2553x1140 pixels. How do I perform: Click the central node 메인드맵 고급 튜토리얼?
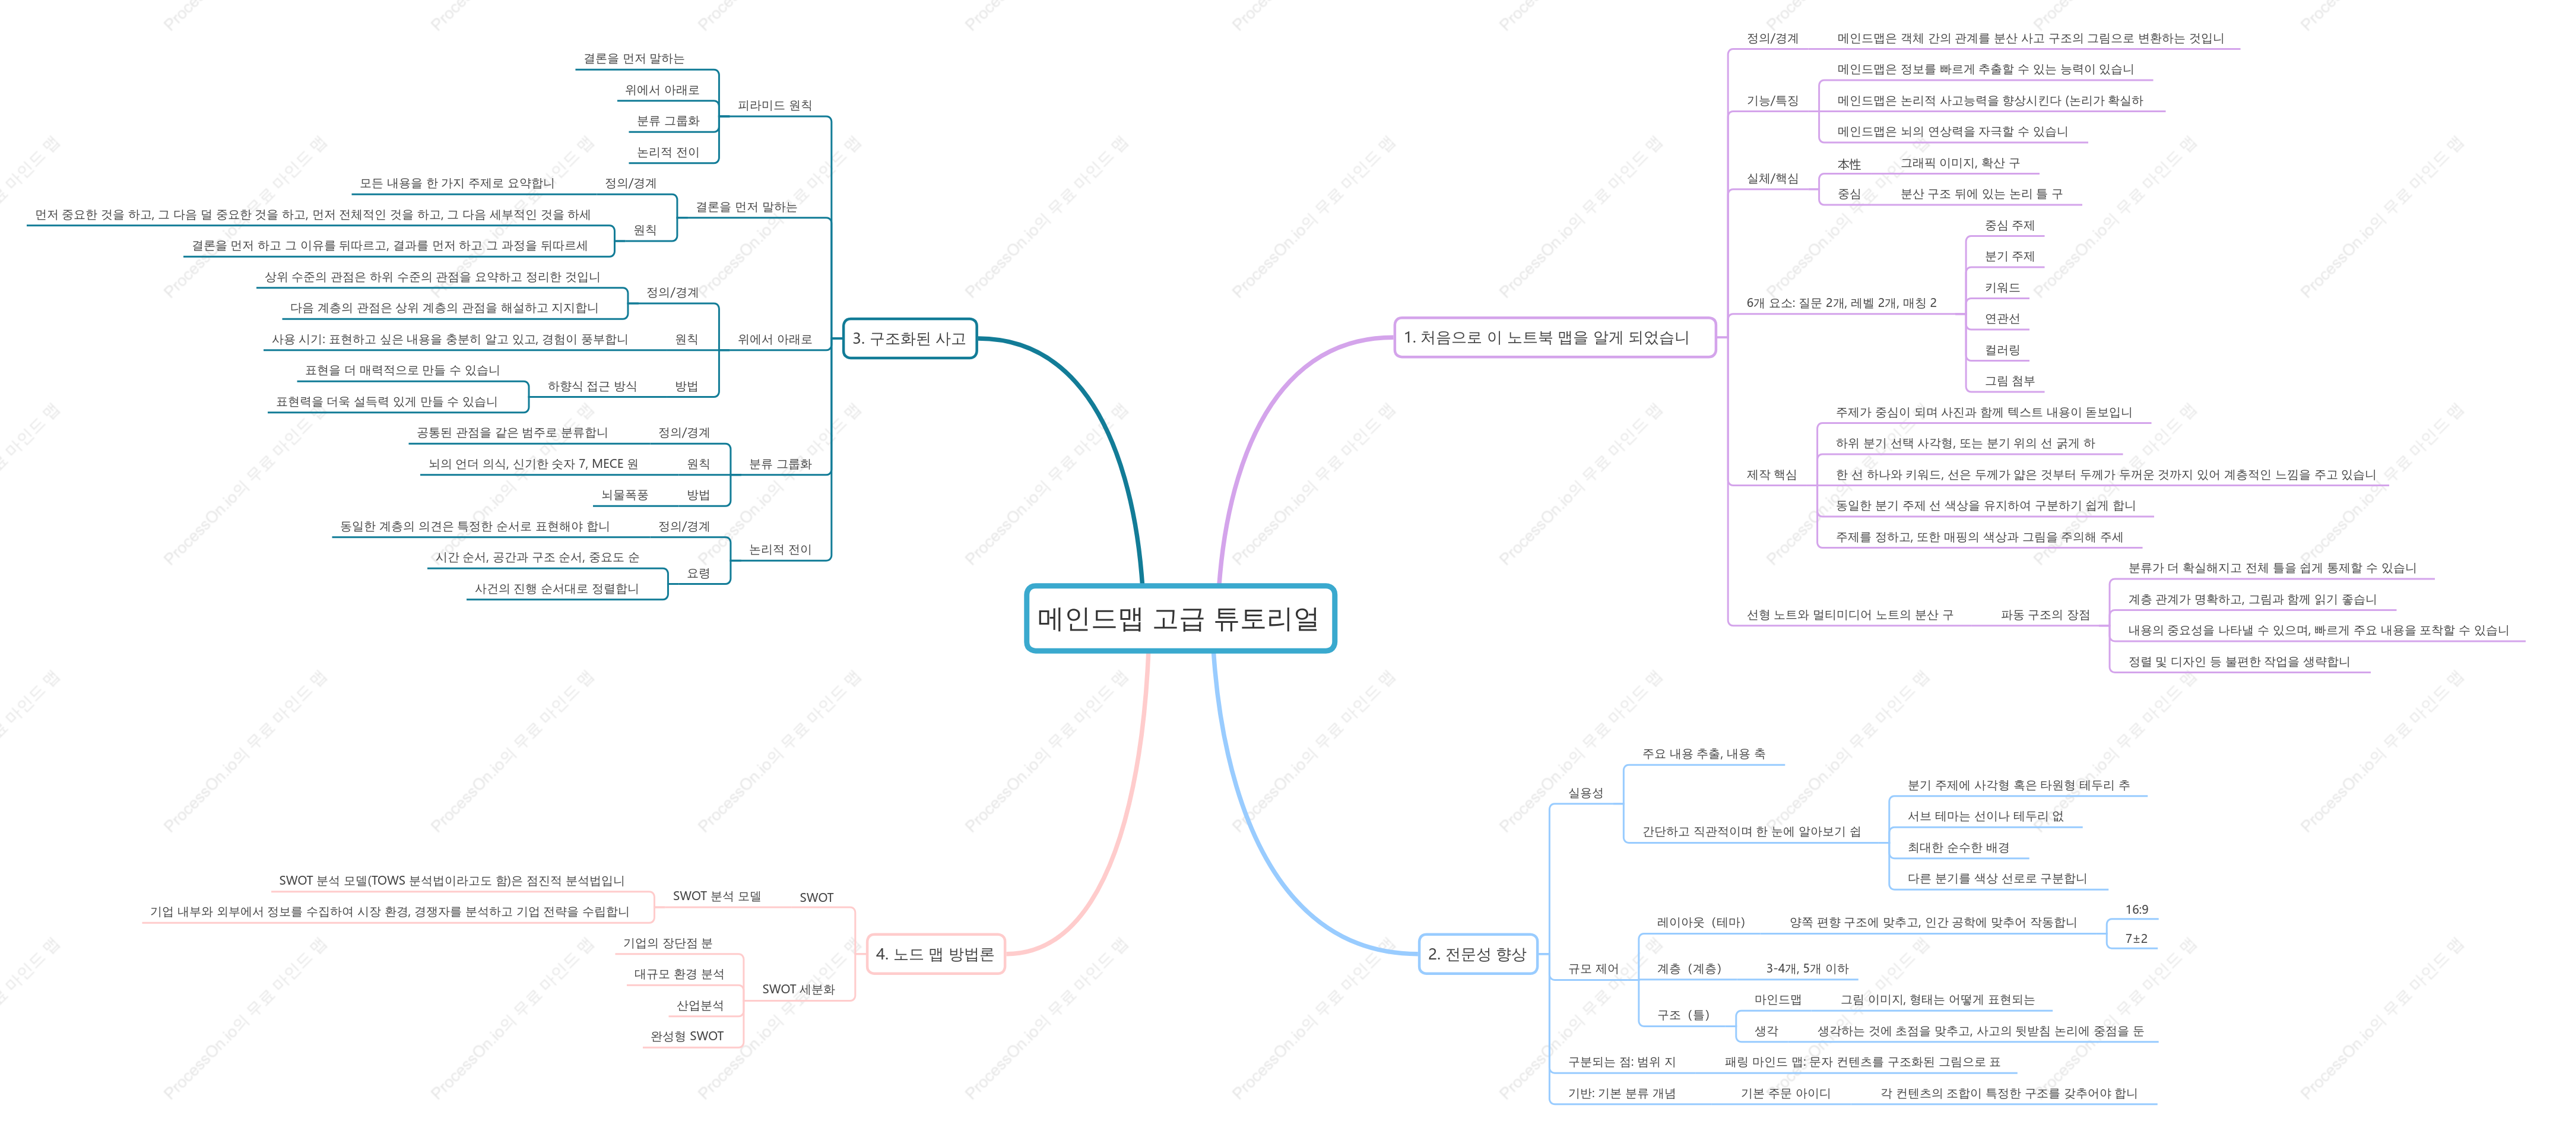(x=1179, y=619)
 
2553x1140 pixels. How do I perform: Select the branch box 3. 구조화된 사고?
(x=909, y=338)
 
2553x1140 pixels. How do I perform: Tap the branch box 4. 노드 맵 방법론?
(x=934, y=954)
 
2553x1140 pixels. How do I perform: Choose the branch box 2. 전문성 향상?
(x=1477, y=954)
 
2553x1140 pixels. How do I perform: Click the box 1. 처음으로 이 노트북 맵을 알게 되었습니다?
(x=1554, y=337)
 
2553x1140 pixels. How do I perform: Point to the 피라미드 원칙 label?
(x=774, y=105)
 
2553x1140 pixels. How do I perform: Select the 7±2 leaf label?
(x=2136, y=938)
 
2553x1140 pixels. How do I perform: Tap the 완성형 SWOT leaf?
(x=687, y=1036)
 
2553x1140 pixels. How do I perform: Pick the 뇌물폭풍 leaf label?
(x=624, y=495)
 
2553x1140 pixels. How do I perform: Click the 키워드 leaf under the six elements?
(x=2002, y=287)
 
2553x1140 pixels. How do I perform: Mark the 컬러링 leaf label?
(x=2002, y=350)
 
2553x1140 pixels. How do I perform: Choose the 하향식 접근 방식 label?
(x=592, y=385)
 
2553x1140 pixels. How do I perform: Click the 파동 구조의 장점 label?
(x=2044, y=615)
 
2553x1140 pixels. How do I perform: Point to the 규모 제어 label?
(x=1593, y=968)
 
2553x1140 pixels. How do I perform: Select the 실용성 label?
(x=1585, y=793)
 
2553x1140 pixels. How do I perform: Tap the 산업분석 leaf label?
(x=700, y=1005)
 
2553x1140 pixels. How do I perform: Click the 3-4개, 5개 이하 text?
(x=1807, y=968)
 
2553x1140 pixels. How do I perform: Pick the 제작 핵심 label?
(x=1771, y=475)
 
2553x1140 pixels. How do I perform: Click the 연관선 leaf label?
(x=2002, y=318)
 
